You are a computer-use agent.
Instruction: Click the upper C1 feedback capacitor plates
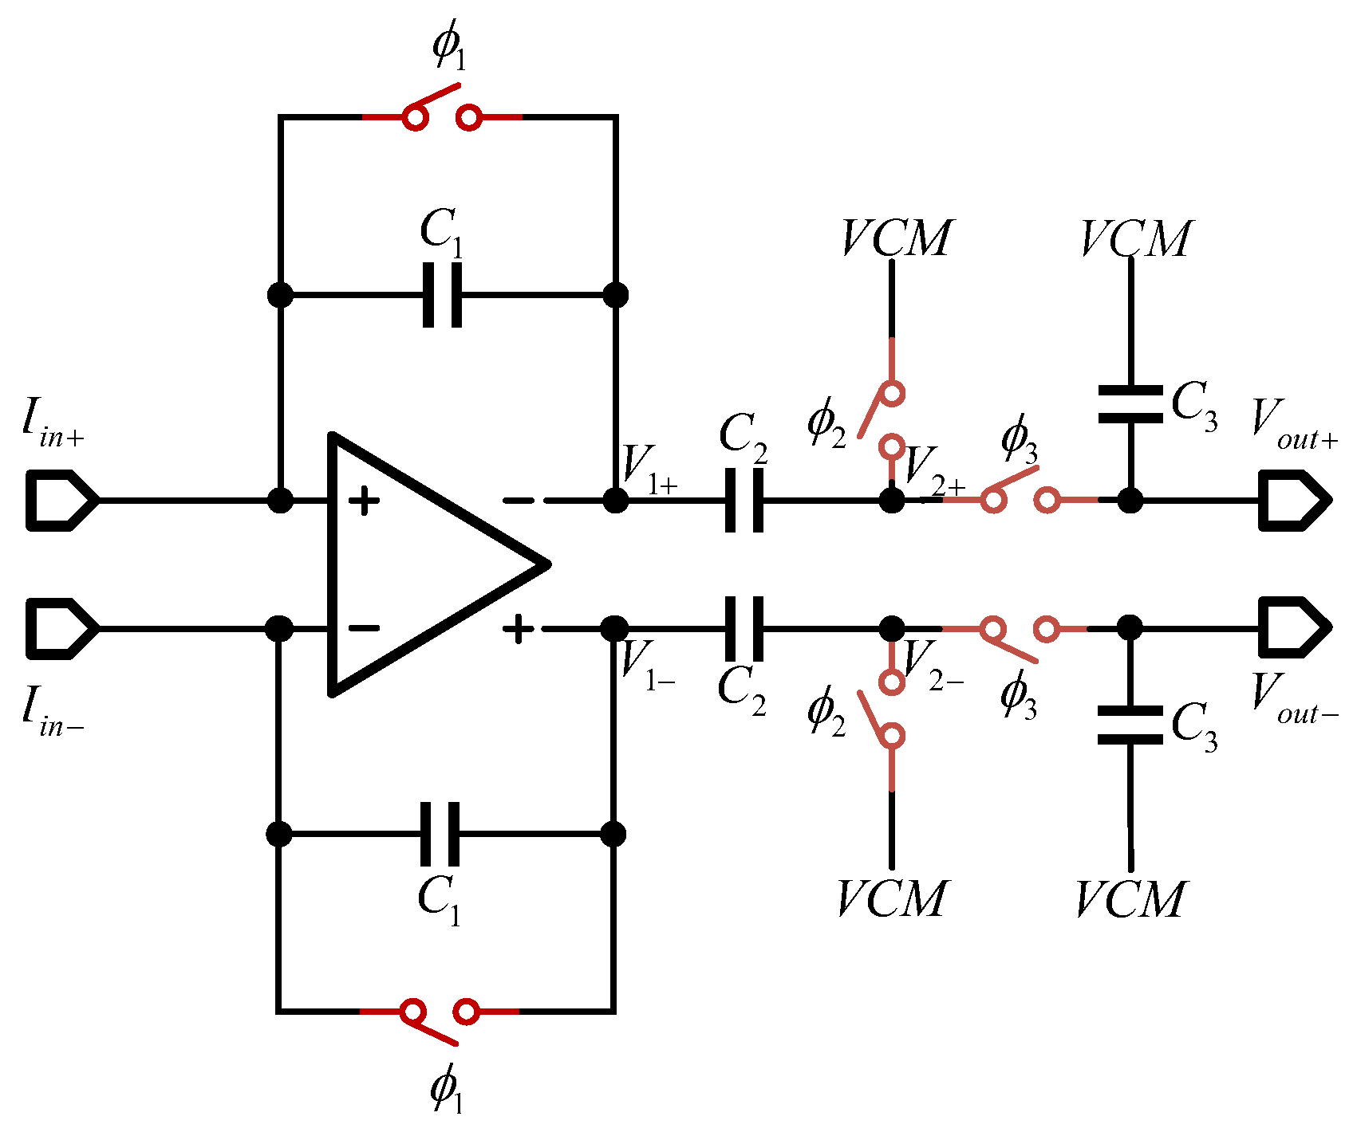click(x=442, y=295)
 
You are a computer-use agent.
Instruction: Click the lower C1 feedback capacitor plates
click(x=440, y=834)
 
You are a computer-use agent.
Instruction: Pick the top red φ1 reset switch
click(x=442, y=112)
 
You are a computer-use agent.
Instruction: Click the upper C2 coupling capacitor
click(x=744, y=500)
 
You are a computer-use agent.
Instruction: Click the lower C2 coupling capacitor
click(x=744, y=628)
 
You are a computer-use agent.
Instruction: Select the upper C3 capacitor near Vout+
click(x=1130, y=404)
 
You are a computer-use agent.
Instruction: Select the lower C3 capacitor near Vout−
click(x=1130, y=725)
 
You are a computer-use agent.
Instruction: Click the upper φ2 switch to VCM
click(x=884, y=415)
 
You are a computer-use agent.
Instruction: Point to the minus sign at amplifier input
click(x=365, y=628)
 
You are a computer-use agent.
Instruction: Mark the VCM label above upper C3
click(x=1134, y=238)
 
